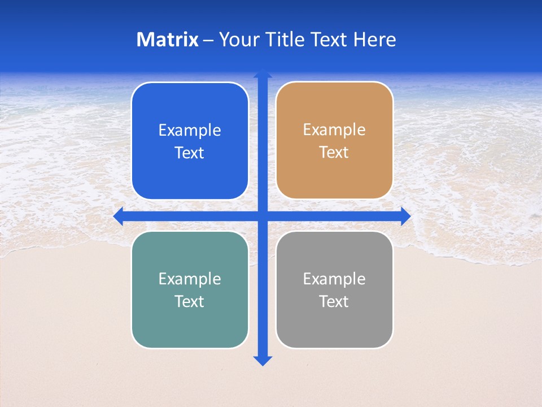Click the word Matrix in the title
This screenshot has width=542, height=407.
(168, 40)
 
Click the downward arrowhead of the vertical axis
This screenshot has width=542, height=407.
(263, 361)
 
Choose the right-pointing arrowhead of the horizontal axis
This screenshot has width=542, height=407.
(405, 216)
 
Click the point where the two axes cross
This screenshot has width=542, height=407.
(263, 216)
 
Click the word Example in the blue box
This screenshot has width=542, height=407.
(190, 131)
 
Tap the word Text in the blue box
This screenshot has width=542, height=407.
(190, 153)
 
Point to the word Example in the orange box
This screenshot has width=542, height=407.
(334, 130)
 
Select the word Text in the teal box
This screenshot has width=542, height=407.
(190, 302)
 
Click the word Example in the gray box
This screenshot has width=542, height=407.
(334, 279)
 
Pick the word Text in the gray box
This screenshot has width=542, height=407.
(334, 302)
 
